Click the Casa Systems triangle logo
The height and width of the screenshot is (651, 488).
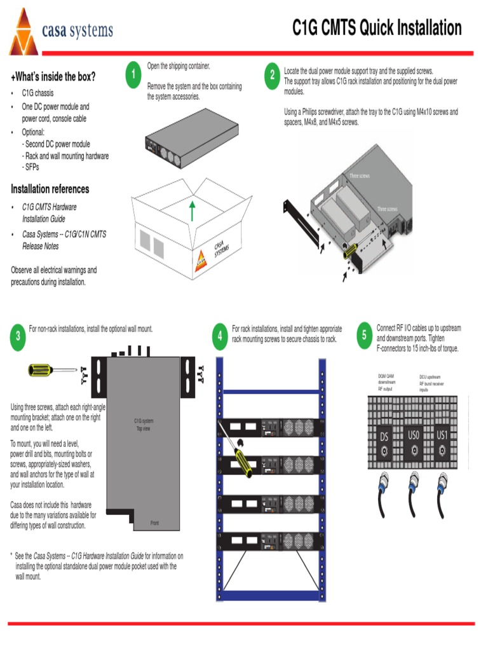tap(24, 33)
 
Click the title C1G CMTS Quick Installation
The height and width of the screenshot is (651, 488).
tap(377, 28)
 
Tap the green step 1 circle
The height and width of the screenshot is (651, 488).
tap(133, 75)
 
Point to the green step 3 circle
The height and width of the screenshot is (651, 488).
tap(18, 336)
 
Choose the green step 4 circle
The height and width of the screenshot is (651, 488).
tap(220, 336)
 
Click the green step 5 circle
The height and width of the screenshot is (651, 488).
tap(365, 335)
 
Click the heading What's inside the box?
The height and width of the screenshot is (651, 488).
tap(53, 77)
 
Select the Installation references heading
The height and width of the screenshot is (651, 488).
tap(50, 189)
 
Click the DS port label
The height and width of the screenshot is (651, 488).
tap(384, 437)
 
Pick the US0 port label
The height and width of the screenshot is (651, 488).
tap(413, 436)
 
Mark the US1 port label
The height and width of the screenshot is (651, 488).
tap(443, 436)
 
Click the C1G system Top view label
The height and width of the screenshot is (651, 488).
tap(144, 425)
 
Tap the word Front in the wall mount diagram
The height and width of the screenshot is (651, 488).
tap(154, 523)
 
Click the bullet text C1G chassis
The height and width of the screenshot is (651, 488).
tap(38, 93)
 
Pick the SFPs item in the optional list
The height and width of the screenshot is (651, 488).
tap(32, 167)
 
